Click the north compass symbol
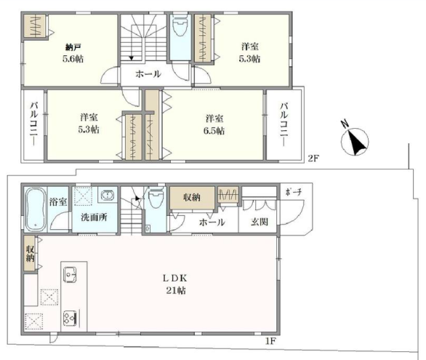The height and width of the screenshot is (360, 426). click(x=354, y=140)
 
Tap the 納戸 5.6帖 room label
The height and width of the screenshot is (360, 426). click(x=73, y=53)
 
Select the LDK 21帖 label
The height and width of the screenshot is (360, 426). click(x=175, y=284)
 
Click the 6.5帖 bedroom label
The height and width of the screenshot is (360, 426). click(x=214, y=124)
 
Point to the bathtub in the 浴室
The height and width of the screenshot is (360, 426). click(x=36, y=209)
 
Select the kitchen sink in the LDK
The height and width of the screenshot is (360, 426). click(x=70, y=275)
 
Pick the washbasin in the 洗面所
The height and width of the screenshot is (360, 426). click(x=108, y=196)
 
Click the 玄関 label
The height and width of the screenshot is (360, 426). click(x=260, y=222)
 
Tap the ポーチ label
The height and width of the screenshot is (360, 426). click(x=294, y=192)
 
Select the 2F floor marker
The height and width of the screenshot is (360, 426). click(x=313, y=158)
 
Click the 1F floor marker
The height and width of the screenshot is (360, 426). click(x=270, y=340)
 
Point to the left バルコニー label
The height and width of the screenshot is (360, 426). click(x=33, y=124)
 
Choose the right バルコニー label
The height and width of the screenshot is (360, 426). click(x=284, y=124)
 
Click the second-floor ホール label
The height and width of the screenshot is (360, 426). click(x=148, y=74)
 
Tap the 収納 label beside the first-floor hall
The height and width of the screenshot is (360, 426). click(x=192, y=198)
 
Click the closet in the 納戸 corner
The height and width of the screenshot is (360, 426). click(x=34, y=25)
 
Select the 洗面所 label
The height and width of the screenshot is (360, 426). click(x=94, y=217)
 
